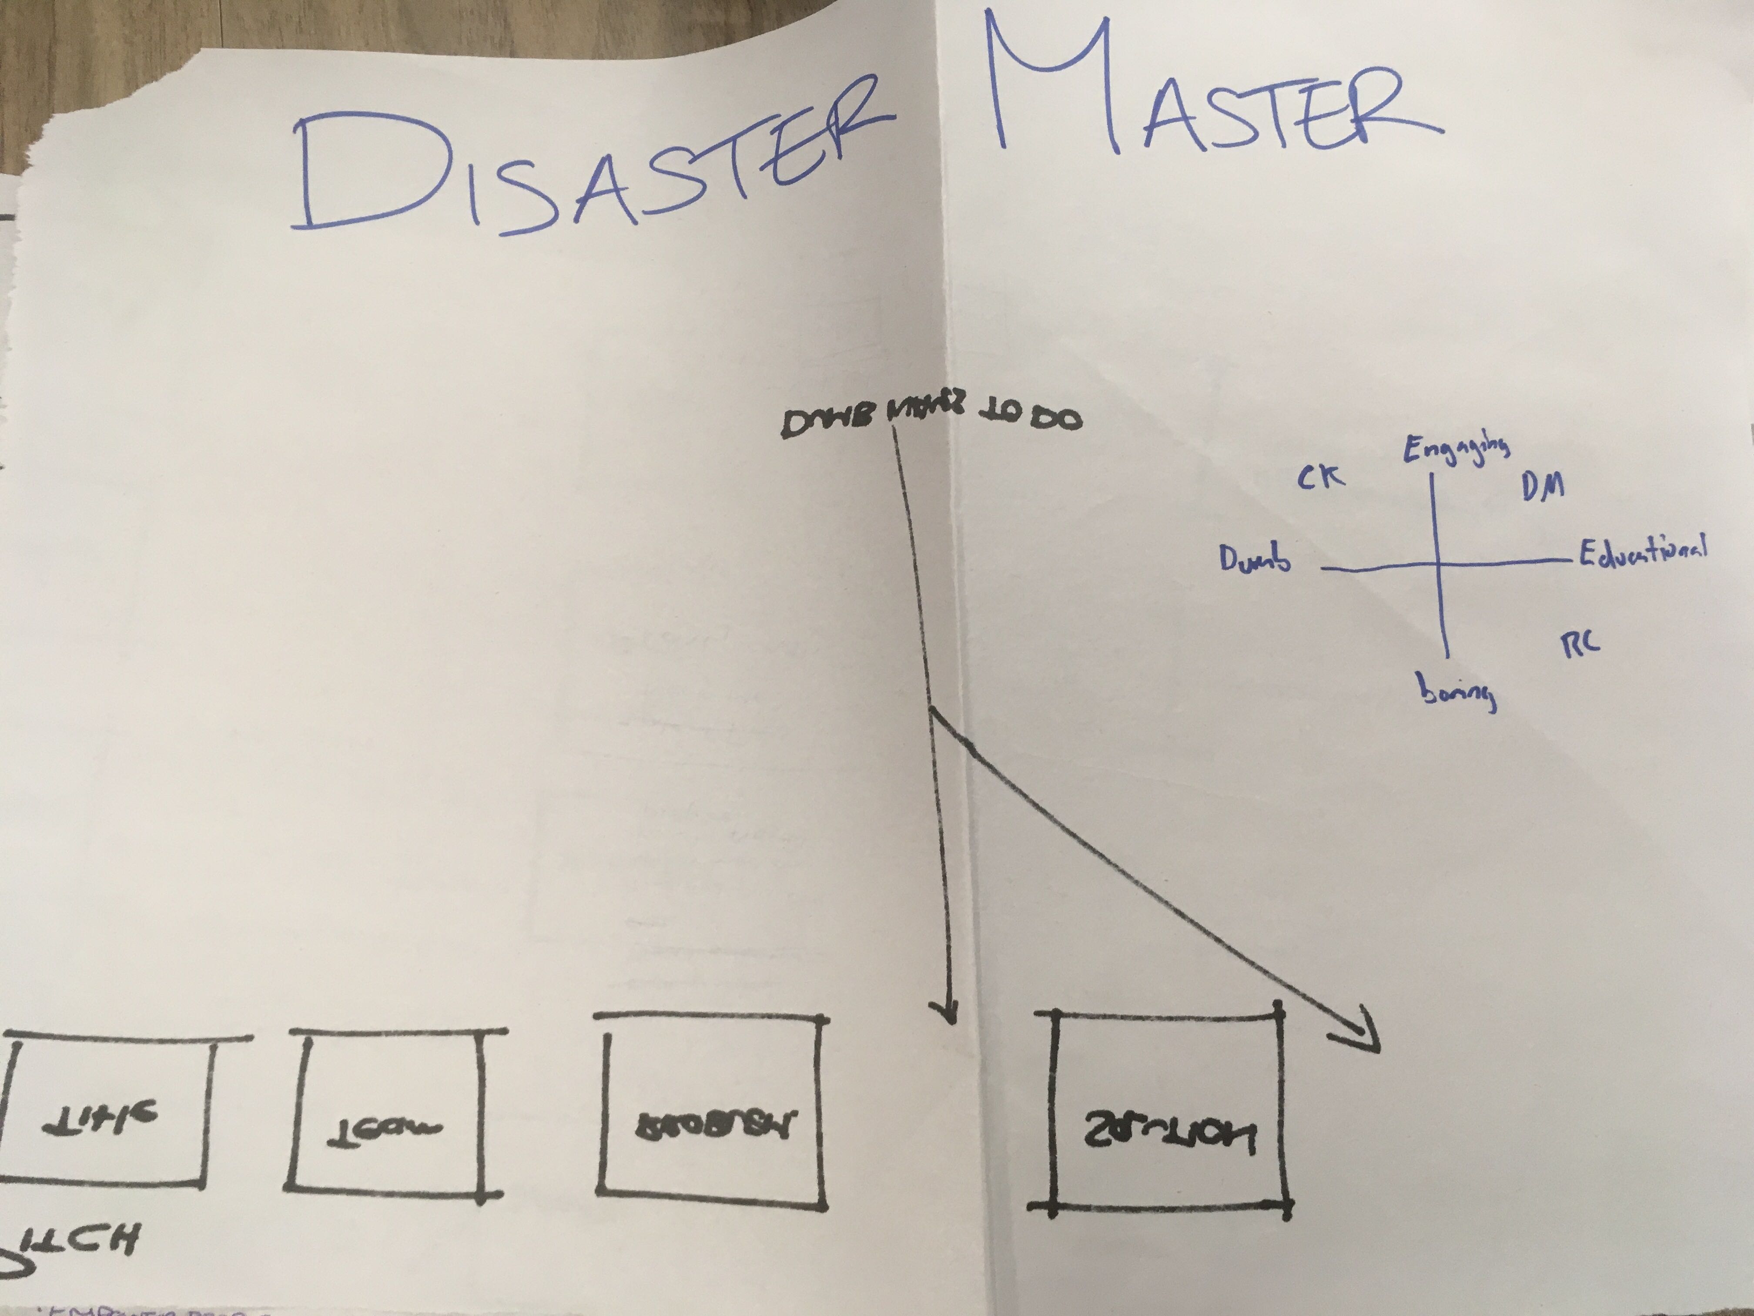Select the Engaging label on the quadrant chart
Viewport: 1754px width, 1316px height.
1455,450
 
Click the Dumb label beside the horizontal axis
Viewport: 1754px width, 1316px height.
1255,560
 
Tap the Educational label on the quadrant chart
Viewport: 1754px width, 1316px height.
1641,551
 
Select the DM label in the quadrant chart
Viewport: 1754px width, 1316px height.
1542,486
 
